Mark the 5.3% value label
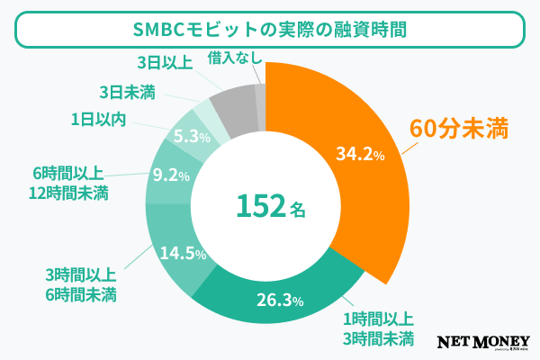point(191,137)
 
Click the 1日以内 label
point(98,117)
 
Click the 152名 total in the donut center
point(270,206)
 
